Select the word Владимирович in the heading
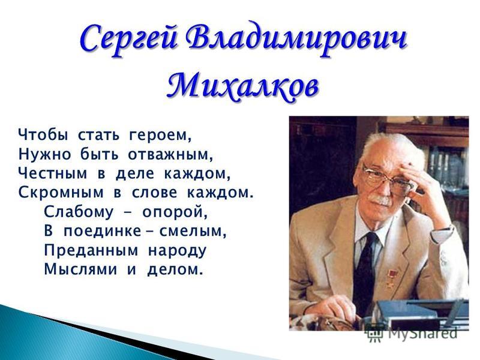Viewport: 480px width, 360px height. click(x=296, y=40)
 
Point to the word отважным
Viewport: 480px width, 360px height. click(x=170, y=155)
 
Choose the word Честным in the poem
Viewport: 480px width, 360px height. click(x=52, y=173)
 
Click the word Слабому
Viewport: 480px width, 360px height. click(x=79, y=212)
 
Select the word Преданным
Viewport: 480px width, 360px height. click(x=91, y=250)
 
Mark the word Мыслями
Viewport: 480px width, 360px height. click(x=80, y=269)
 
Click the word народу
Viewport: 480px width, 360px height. click(x=178, y=251)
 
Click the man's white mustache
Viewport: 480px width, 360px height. click(x=380, y=200)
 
